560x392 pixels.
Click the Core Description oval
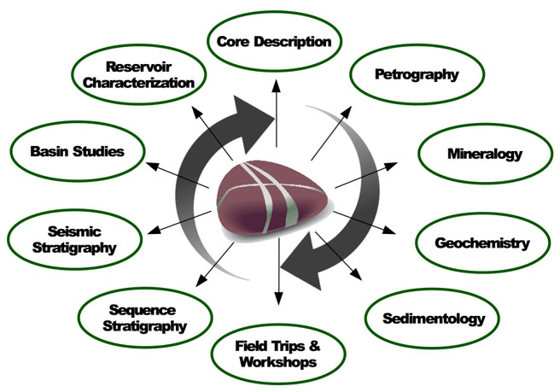[x=274, y=40]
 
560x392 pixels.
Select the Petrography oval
[x=417, y=73]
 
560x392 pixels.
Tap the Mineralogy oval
[x=484, y=155]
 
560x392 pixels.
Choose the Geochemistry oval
[x=481, y=243]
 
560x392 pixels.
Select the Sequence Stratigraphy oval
[x=143, y=317]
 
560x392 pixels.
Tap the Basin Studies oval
[x=77, y=151]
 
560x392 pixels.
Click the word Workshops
[x=277, y=362]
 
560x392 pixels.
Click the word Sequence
[x=143, y=308]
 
